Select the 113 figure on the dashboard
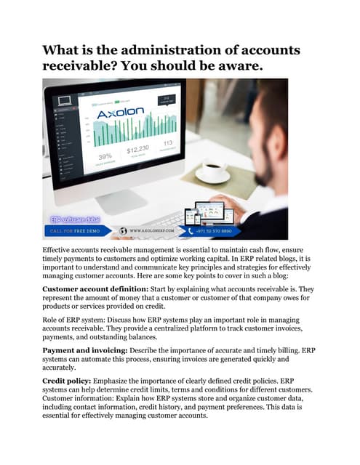(x=167, y=143)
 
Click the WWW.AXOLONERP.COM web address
(x=155, y=230)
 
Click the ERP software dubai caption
(x=75, y=219)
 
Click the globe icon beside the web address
(x=123, y=230)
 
